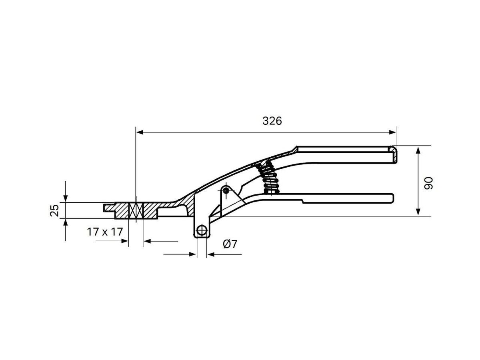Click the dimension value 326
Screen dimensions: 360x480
click(x=272, y=121)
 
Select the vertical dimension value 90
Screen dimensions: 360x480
click(x=428, y=183)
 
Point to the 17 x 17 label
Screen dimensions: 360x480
click(x=104, y=232)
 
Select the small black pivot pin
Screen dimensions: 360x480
click(x=226, y=190)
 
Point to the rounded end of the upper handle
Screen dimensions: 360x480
click(x=394, y=154)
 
